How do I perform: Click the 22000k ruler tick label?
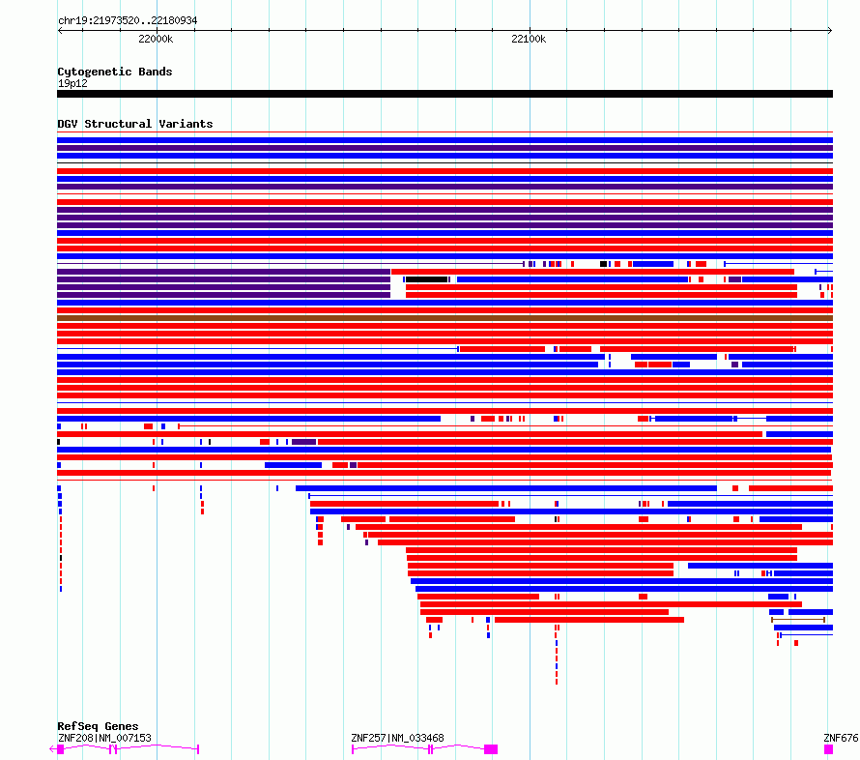[x=156, y=39]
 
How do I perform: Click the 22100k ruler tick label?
[x=529, y=39]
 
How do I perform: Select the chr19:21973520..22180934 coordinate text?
[x=128, y=20]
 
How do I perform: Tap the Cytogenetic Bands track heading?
[x=115, y=72]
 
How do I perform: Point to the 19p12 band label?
[x=72, y=83]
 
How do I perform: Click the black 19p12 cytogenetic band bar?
[x=444, y=94]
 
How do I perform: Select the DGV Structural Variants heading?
[x=135, y=124]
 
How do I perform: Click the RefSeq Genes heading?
[x=98, y=726]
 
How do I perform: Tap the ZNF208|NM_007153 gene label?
[x=104, y=738]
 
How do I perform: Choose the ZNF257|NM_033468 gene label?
[x=398, y=738]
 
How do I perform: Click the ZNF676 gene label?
[x=841, y=738]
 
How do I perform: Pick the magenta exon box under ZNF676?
[x=828, y=749]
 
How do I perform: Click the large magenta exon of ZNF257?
[x=491, y=749]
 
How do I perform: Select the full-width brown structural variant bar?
[x=444, y=318]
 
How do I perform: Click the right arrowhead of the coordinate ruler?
[x=831, y=31]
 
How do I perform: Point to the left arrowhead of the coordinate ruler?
[x=59, y=31]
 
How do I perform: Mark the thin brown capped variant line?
[x=798, y=620]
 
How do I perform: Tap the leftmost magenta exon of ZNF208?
[x=60, y=749]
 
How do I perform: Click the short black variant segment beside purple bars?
[x=427, y=279]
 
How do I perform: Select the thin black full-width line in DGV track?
[x=444, y=163]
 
